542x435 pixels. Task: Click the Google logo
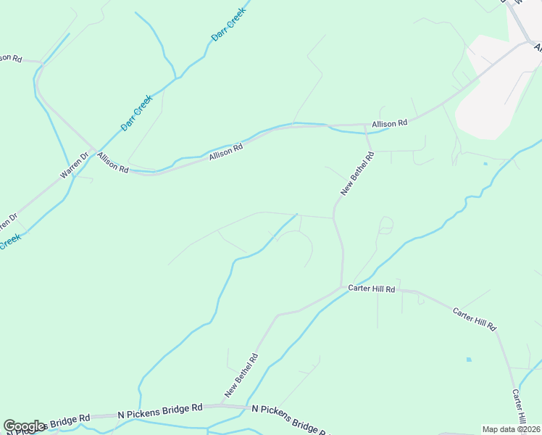(24, 426)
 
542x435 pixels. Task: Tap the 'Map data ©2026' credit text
(511, 429)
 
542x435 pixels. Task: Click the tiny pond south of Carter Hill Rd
(469, 360)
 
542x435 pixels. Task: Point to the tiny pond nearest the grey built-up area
(485, 164)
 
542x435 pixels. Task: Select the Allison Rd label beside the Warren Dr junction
(113, 165)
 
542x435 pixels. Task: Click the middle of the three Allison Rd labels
(225, 152)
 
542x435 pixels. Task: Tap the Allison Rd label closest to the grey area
(389, 124)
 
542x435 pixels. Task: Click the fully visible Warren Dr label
(73, 166)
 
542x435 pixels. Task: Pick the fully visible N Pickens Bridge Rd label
(160, 410)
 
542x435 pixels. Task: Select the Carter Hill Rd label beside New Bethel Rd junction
(371, 289)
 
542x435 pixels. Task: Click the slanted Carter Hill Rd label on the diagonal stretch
(474, 319)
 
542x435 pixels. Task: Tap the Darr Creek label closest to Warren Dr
(136, 112)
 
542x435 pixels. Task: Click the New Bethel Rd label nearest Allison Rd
(357, 173)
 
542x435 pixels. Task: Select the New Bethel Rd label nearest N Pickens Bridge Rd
(241, 375)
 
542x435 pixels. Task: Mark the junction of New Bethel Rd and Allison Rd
(364, 125)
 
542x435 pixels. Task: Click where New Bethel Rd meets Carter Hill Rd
(342, 287)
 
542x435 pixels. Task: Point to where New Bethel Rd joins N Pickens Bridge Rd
(222, 405)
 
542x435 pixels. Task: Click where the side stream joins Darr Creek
(175, 78)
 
